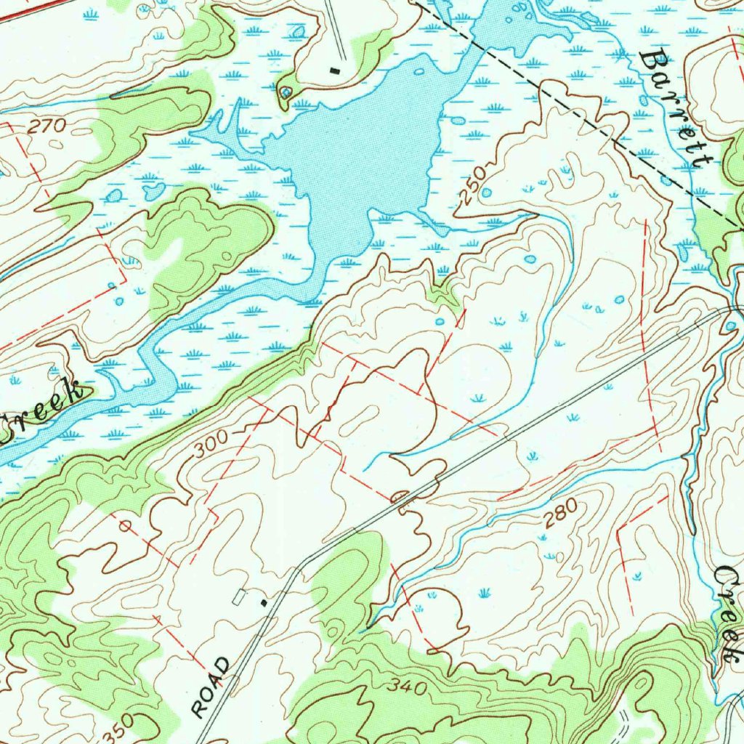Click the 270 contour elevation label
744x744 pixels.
tap(47, 126)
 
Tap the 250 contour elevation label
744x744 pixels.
tap(472, 189)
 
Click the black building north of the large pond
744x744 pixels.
tap(334, 70)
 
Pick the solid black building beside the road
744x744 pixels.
tap(264, 602)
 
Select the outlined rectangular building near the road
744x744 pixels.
tap(238, 597)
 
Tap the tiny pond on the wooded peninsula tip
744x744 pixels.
tap(286, 92)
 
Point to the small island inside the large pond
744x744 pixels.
tap(418, 72)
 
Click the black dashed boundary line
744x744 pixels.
tap(581, 116)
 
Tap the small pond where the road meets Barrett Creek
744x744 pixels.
tap(730, 326)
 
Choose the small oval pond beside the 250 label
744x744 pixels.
tap(486, 193)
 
